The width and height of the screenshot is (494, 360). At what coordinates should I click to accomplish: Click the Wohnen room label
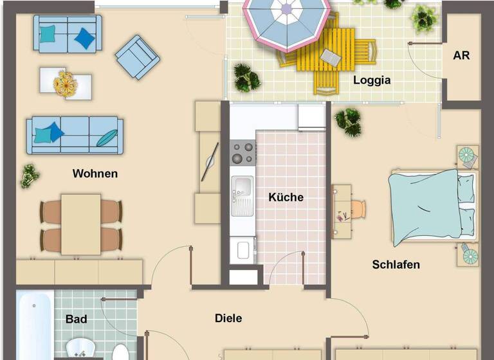[x=95, y=174]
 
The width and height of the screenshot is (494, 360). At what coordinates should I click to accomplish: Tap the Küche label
[x=286, y=197]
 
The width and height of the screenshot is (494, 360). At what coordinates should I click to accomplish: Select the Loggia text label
[x=372, y=81]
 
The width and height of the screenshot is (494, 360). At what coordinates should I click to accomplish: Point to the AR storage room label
[x=461, y=55]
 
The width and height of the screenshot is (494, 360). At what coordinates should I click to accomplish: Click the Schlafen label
[x=396, y=264]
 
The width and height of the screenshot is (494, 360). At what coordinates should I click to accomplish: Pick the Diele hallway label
[x=228, y=318]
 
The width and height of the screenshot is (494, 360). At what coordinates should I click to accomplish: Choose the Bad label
[x=76, y=318]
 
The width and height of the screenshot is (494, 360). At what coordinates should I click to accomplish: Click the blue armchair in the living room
[x=138, y=57]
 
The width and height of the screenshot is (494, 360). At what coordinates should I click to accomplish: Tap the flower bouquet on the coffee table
[x=65, y=84]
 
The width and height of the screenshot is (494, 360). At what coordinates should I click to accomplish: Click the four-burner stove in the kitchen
[x=242, y=152]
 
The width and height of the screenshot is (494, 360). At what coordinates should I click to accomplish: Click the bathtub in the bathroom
[x=35, y=326]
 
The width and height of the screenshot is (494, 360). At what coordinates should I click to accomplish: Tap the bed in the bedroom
[x=432, y=206]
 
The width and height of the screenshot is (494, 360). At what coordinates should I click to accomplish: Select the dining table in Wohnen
[x=81, y=224]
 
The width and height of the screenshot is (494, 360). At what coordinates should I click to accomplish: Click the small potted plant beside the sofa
[x=29, y=175]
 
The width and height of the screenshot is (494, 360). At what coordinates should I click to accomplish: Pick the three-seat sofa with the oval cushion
[x=73, y=135]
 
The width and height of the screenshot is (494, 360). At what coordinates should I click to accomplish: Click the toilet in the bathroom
[x=120, y=352]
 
